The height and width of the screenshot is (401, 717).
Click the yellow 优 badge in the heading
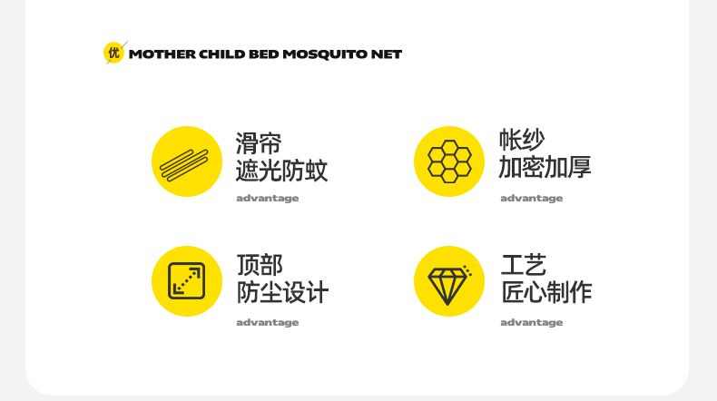coord(113,53)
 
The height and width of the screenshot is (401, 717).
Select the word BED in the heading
coord(264,54)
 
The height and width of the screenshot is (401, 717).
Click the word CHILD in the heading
coord(221,54)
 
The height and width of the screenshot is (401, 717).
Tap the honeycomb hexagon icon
coord(449,161)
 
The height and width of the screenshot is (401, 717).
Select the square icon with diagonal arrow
coord(187,281)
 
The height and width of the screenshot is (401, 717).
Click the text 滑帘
coord(259,143)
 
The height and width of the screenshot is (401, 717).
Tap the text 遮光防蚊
coord(281,171)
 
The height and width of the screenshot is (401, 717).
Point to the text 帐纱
coord(522,140)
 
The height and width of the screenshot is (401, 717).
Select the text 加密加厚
coord(545,167)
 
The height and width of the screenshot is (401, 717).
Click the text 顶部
coord(260,265)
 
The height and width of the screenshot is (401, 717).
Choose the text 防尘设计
coord(282,292)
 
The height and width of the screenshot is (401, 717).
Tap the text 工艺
coord(524,265)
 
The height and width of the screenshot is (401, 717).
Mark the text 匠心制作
coord(546,292)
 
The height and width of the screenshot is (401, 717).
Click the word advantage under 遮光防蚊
coord(268,199)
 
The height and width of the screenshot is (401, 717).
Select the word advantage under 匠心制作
coord(531,323)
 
